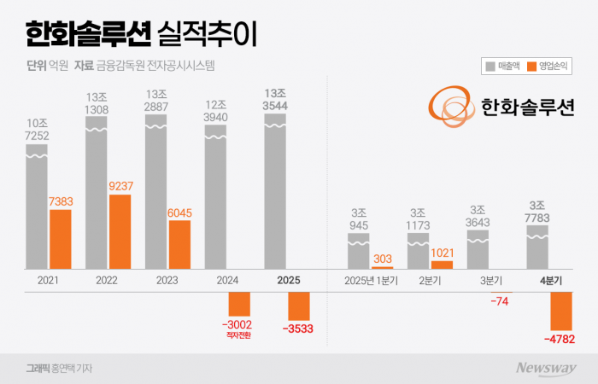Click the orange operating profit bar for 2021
pyautogui.click(x=61, y=239)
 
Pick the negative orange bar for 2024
pyautogui.click(x=239, y=305)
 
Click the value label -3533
pyautogui.click(x=300, y=327)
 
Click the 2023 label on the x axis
pyautogui.click(x=167, y=279)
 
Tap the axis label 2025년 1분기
pyautogui.click(x=369, y=279)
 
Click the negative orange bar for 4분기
pyautogui.click(x=561, y=311)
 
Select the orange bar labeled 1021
pyautogui.click(x=442, y=265)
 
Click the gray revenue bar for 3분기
pyautogui.click(x=478, y=250)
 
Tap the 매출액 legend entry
pyautogui.click(x=501, y=65)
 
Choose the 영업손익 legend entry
pyautogui.click(x=548, y=65)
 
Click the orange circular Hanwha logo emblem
pyautogui.click(x=451, y=107)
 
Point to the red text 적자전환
pyautogui.click(x=239, y=335)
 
